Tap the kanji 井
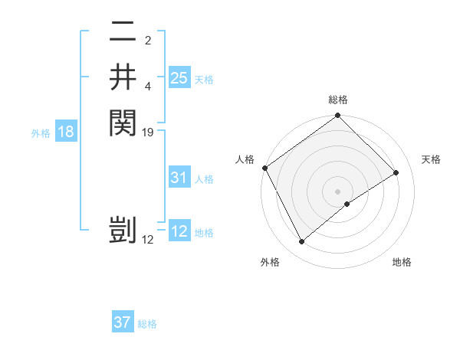tap(123, 77)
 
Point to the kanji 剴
tap(123, 231)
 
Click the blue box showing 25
tap(179, 77)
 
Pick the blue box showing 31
tap(179, 178)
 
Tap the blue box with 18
tap(66, 132)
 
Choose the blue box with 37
tap(123, 322)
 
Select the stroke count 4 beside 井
tap(148, 86)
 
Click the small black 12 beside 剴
tap(149, 240)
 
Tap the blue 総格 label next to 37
tap(147, 324)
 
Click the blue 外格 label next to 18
tap(41, 133)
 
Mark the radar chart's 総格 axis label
tap(338, 100)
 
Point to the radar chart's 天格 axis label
tap(432, 159)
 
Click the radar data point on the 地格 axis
tap(347, 204)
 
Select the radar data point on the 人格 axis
tap(264, 168)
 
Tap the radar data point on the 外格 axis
tap(301, 242)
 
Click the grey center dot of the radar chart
tap(338, 191)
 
